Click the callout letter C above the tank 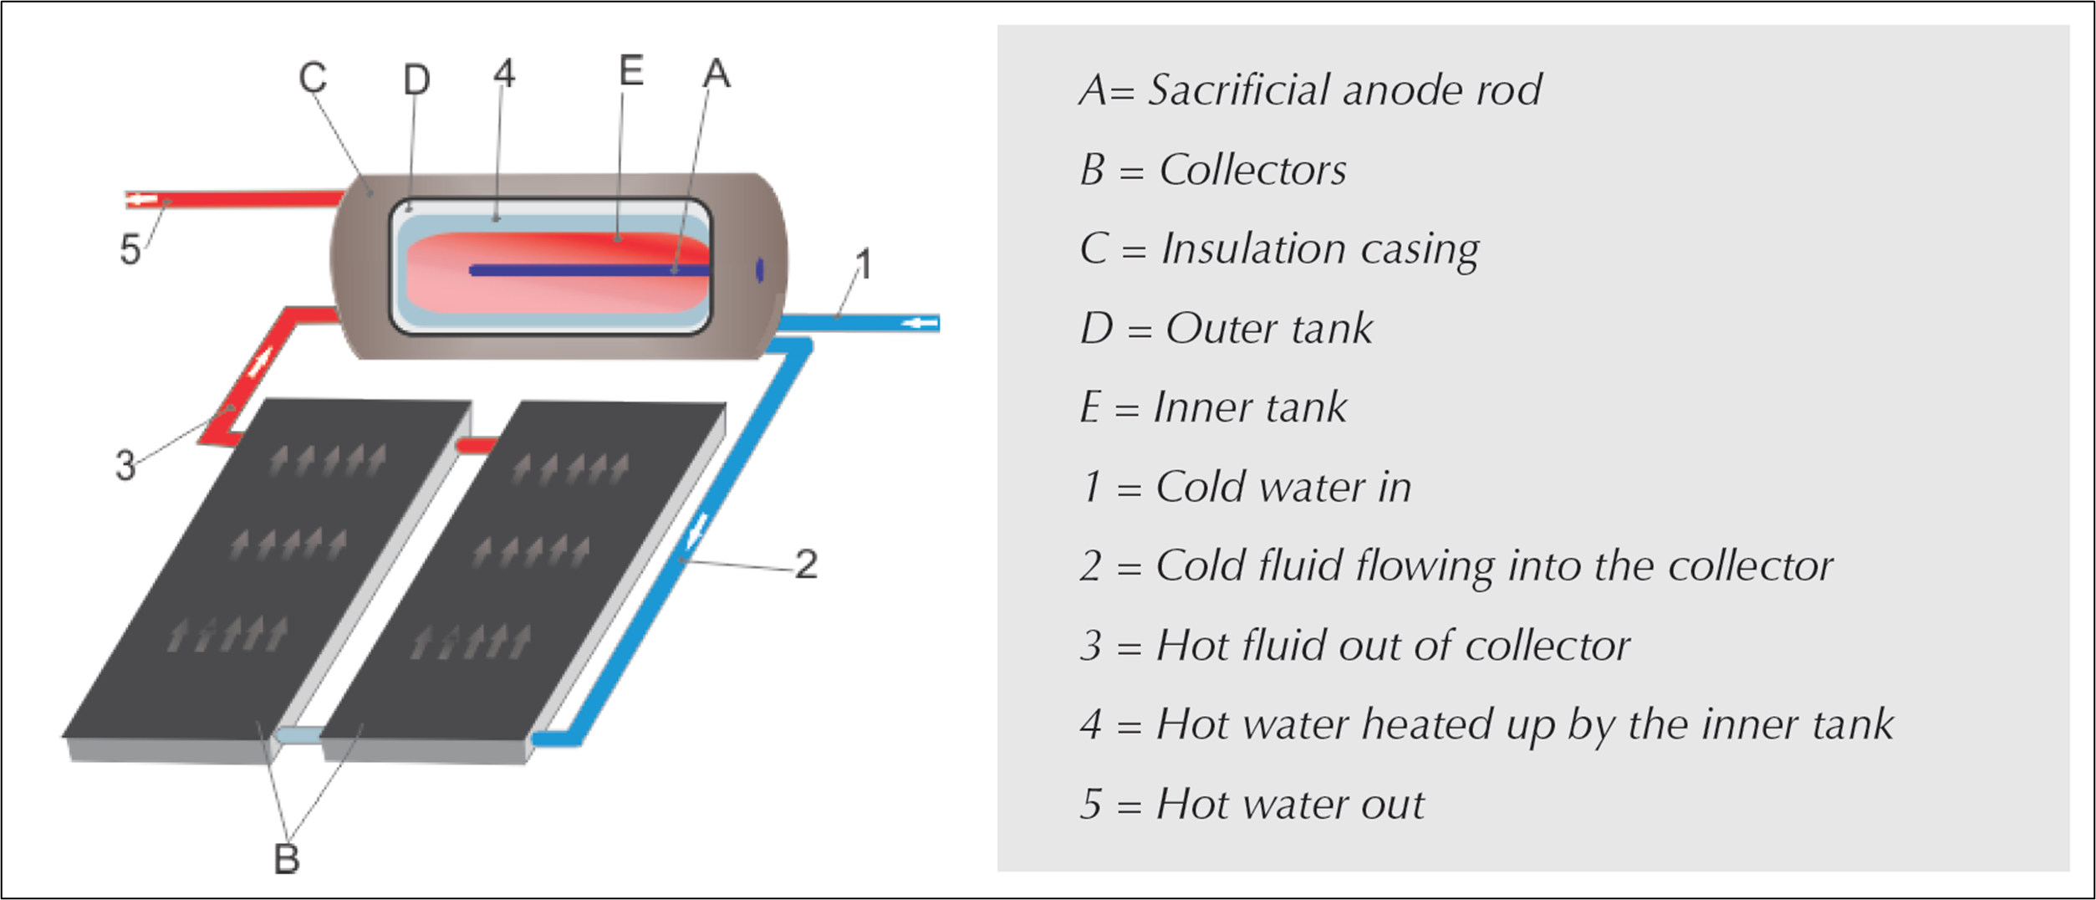(x=313, y=78)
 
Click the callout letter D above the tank (x=416, y=80)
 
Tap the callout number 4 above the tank (x=503, y=74)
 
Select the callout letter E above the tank (x=631, y=70)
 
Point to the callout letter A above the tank (x=717, y=74)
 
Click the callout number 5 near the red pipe (x=130, y=249)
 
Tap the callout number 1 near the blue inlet (x=864, y=264)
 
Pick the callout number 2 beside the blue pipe (x=806, y=565)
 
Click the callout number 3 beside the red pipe (x=125, y=466)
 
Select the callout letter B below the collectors (x=287, y=859)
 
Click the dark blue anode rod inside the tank (x=585, y=270)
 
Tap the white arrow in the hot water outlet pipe (x=143, y=200)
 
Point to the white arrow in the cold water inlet (x=923, y=323)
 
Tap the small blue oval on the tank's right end (x=759, y=270)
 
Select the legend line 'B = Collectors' (x=1212, y=170)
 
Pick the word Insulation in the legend (x=1253, y=249)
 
